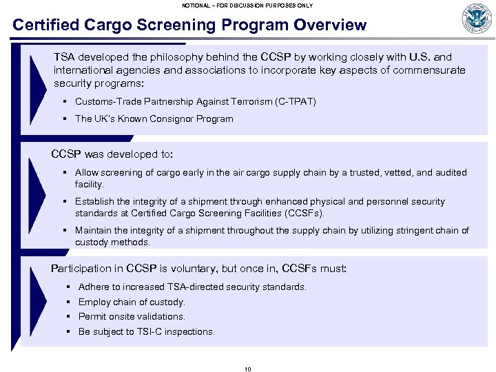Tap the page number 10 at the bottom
(248, 369)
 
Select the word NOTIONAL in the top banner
(198, 5)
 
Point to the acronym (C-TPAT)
(295, 101)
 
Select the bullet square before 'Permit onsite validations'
(69, 316)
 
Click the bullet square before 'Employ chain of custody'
(69, 302)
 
